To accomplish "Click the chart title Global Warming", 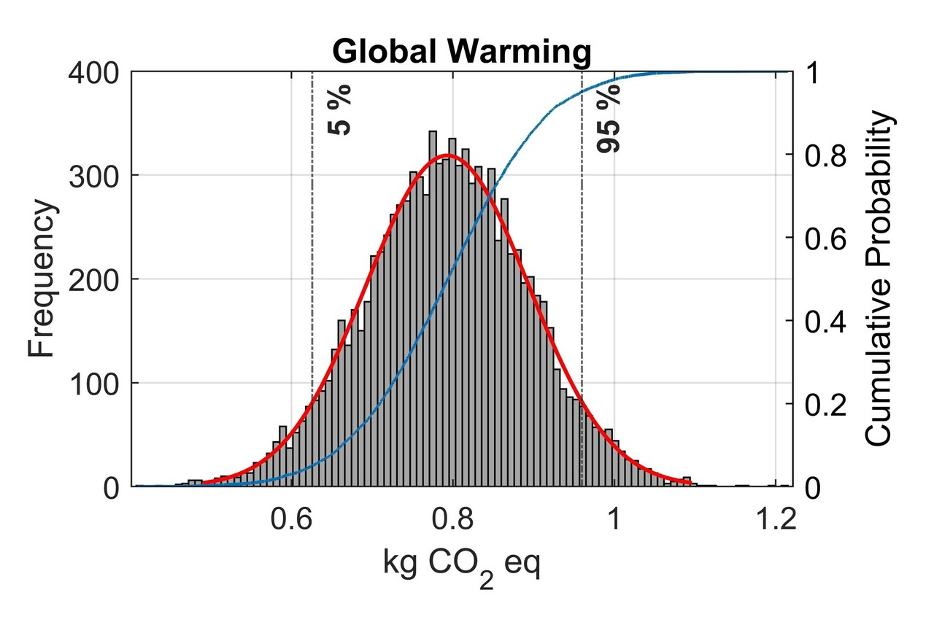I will point(460,53).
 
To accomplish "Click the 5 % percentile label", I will point(341,110).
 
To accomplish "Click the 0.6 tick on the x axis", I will point(291,519).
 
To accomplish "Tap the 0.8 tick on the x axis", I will point(452,519).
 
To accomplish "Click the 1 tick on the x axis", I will point(614,519).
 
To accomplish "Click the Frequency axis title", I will point(42,280).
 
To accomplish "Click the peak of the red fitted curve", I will point(448,155).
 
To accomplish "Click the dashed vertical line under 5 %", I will point(312,292).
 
